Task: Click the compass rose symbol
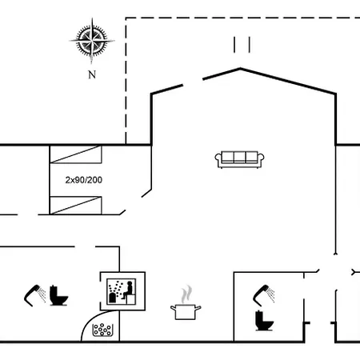point(92,41)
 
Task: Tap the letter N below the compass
point(92,74)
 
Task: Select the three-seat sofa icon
point(239,159)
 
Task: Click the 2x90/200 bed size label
point(84,180)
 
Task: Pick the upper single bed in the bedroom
point(76,154)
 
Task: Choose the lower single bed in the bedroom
point(76,206)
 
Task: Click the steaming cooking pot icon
point(186,303)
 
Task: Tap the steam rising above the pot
point(186,294)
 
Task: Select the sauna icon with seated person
point(122,291)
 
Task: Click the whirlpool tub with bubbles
point(102,330)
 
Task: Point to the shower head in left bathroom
point(35,295)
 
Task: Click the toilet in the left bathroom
point(58,295)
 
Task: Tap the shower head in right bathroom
point(264,295)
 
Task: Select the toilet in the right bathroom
point(264,321)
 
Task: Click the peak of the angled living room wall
point(240,69)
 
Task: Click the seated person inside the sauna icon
point(127,290)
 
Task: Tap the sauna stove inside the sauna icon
point(113,298)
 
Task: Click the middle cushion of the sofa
point(239,157)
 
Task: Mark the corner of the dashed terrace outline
point(126,18)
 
